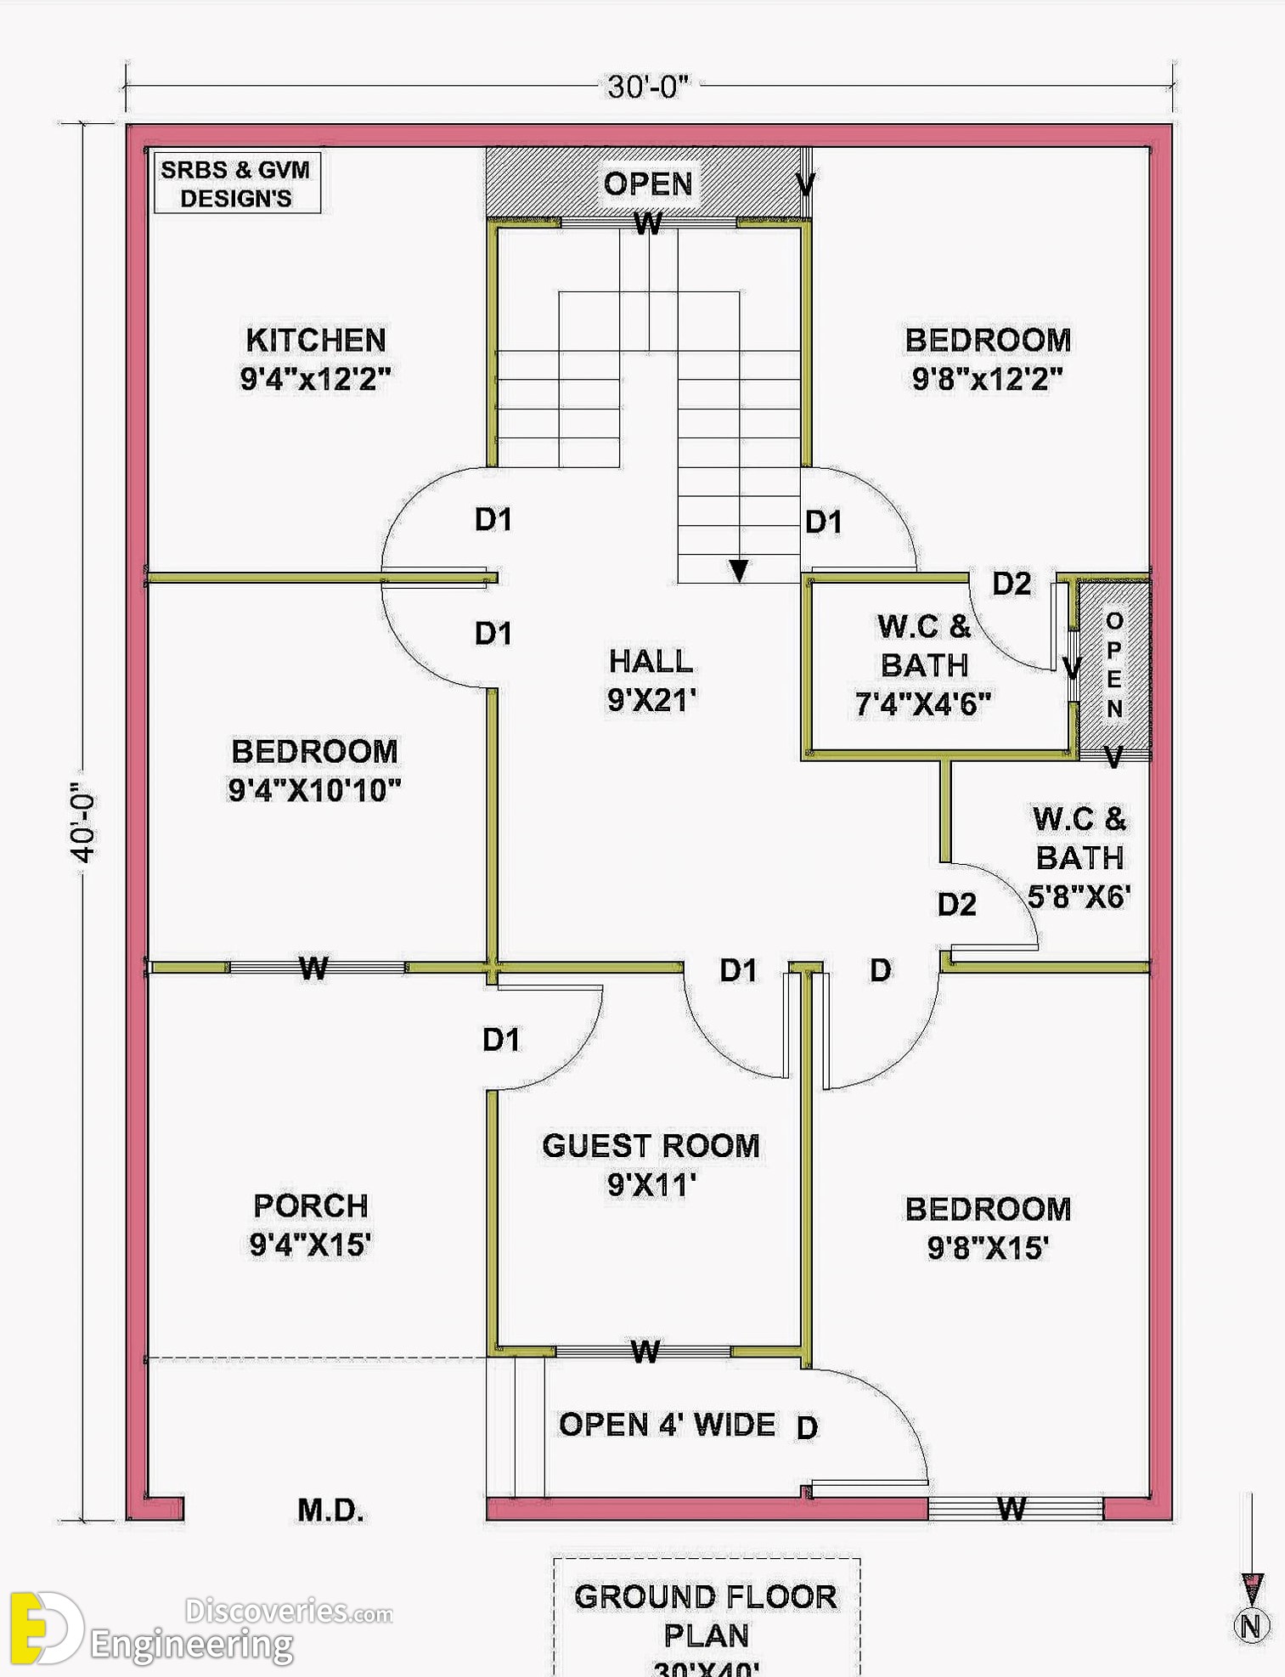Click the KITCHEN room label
(x=316, y=341)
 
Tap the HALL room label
(x=651, y=661)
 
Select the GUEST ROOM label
(x=651, y=1146)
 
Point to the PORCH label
(x=311, y=1206)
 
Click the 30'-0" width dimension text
(x=649, y=87)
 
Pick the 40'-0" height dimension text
(x=83, y=822)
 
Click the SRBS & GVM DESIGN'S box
(x=237, y=183)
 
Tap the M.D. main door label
(x=330, y=1510)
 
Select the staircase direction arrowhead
(x=739, y=570)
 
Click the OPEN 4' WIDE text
(x=667, y=1425)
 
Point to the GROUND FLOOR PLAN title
(x=706, y=1616)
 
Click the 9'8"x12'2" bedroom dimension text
(x=988, y=379)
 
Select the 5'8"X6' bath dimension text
(x=1079, y=896)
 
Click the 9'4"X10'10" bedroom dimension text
(x=314, y=790)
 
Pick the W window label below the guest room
(x=645, y=1351)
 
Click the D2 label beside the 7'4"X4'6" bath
(x=1012, y=584)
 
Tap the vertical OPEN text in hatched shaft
(x=1114, y=664)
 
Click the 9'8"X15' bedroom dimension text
(x=988, y=1248)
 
